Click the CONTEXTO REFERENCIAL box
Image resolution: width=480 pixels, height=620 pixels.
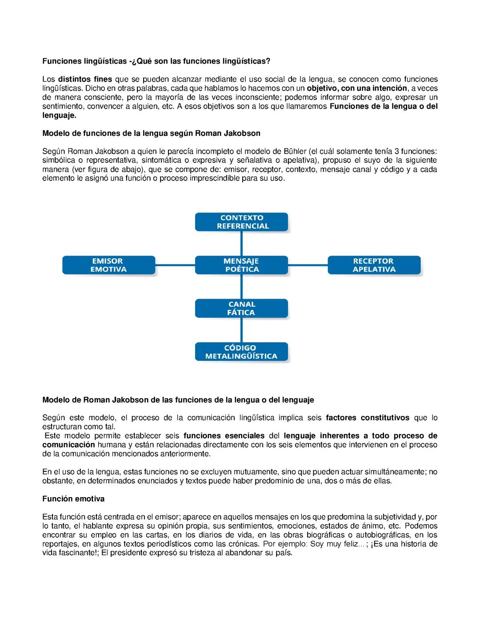241,222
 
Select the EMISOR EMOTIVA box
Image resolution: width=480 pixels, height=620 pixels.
108,265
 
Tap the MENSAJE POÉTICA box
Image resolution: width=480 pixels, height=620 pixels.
241,265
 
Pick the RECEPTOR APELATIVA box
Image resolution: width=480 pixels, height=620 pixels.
374,265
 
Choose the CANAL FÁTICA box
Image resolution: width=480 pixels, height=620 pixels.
241,308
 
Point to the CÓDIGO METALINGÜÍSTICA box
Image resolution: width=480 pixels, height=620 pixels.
241,352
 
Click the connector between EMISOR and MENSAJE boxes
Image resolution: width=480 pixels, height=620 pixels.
175,265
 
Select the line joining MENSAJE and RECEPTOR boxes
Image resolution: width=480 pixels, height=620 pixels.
308,265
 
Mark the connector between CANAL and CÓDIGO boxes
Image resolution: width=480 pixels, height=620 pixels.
241,330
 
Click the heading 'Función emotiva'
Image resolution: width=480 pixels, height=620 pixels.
73,499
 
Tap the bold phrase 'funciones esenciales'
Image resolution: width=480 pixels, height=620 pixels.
224,436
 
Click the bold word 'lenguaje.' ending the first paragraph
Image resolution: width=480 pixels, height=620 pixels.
59,115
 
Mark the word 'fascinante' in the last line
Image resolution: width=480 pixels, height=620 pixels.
76,553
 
